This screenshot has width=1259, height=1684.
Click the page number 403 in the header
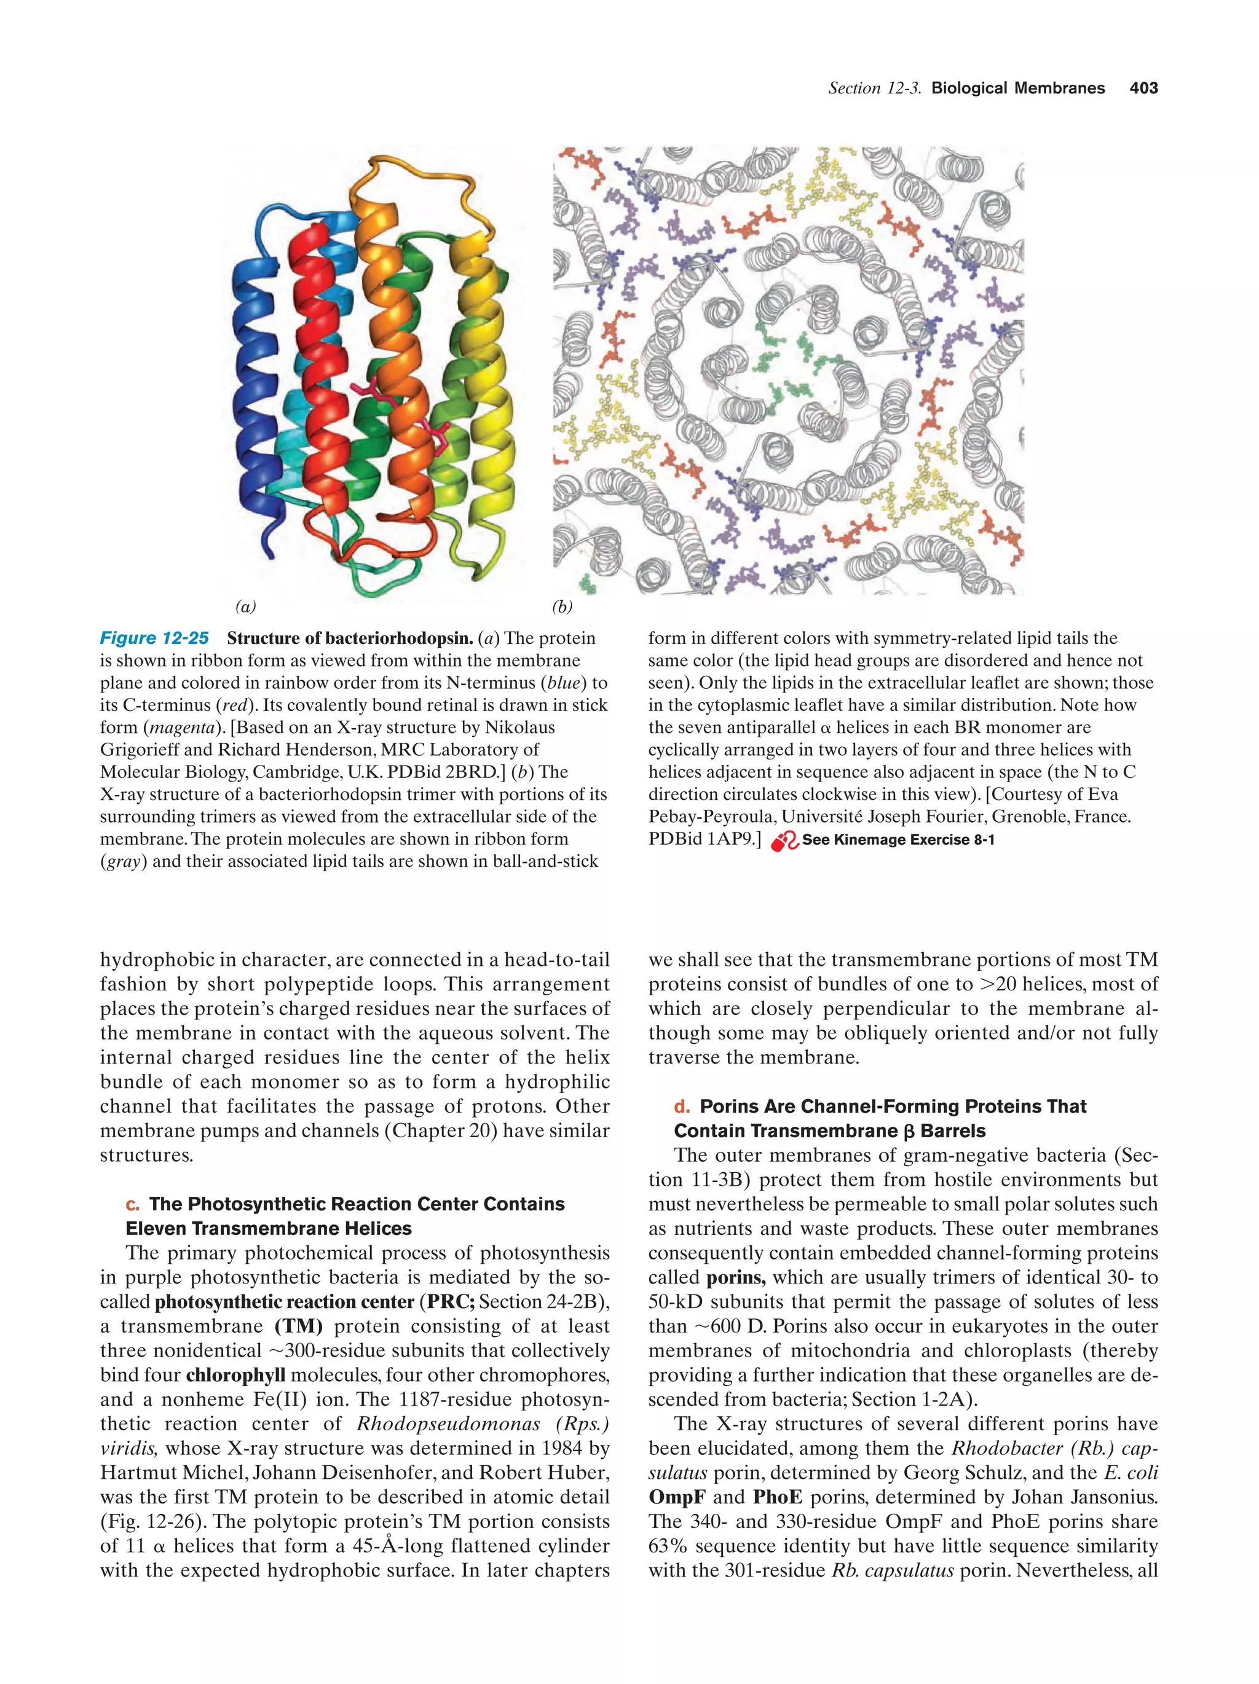coord(1142,88)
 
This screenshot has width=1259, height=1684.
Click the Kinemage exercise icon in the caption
coord(784,841)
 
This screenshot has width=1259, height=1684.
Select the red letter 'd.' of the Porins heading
coord(682,1106)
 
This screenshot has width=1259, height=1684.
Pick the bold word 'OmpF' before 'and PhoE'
coord(676,1497)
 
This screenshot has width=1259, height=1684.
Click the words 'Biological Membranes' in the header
coord(1017,88)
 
